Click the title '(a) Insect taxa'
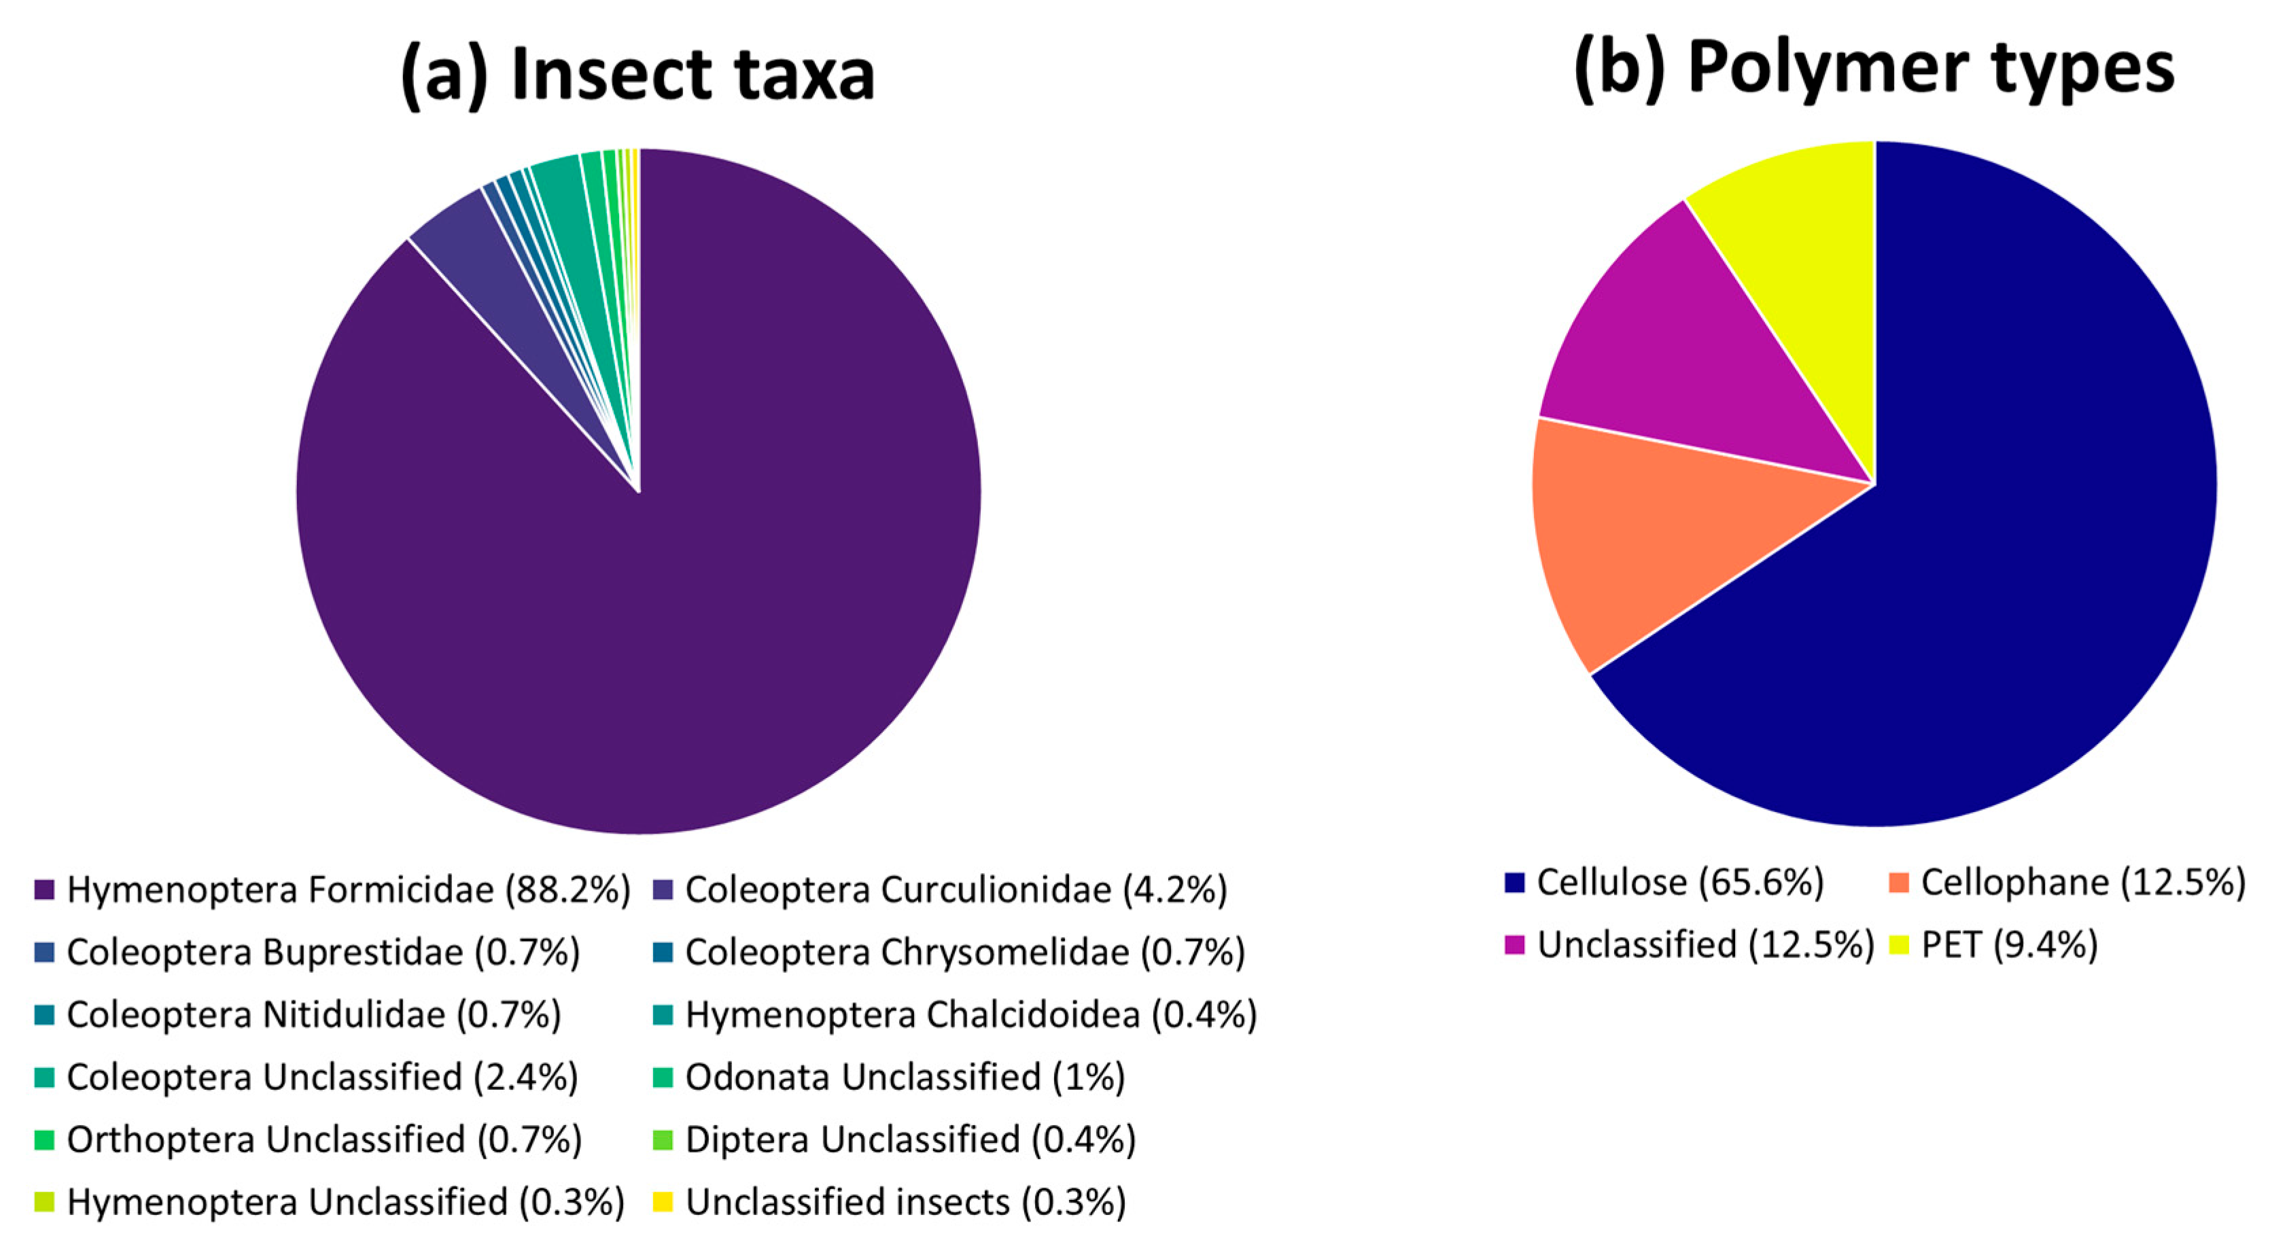point(637,74)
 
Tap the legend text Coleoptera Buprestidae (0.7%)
point(323,953)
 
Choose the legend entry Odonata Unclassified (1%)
point(905,1077)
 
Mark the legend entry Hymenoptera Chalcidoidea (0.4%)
point(971,1015)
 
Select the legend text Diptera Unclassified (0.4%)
point(910,1139)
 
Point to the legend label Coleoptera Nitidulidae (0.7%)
point(313,1015)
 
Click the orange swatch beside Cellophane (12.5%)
point(1899,882)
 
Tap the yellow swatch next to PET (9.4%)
point(1899,944)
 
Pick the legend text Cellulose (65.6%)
point(1679,882)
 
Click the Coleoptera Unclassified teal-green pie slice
point(565,190)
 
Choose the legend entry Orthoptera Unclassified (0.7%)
point(324,1139)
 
